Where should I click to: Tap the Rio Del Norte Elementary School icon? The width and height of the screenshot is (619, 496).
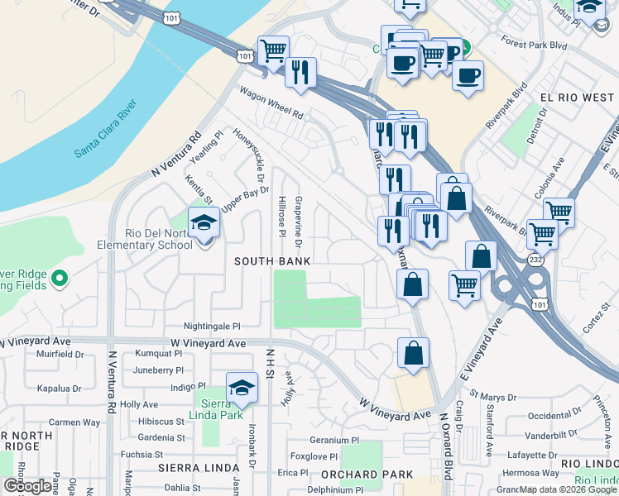204,224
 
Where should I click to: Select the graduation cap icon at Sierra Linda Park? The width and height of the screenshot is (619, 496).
241,389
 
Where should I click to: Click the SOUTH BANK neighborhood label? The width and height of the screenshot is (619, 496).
272,261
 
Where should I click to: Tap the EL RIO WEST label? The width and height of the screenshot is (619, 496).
577,98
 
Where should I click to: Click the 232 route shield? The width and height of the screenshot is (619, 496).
535,260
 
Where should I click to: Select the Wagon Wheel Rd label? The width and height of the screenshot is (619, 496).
271,103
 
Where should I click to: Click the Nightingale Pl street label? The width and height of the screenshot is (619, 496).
212,327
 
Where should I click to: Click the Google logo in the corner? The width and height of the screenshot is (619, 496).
26,486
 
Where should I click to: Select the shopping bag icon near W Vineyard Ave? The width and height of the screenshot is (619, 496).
413,354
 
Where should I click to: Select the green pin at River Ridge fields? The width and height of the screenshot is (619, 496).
59,279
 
